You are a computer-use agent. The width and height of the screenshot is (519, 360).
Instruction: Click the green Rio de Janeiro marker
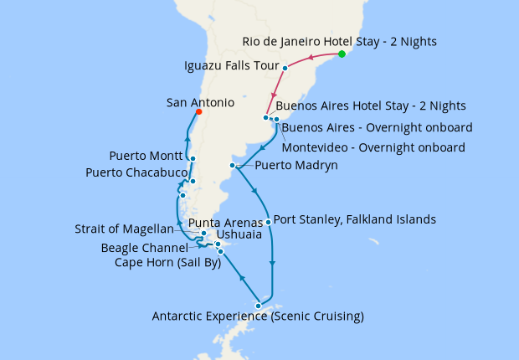coord(342,54)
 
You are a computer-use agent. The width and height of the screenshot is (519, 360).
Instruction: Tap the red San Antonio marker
coord(198,111)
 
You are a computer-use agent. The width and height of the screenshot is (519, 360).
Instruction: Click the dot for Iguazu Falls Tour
coord(285,68)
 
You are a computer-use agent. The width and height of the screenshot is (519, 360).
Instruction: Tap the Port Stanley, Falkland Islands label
coord(355,219)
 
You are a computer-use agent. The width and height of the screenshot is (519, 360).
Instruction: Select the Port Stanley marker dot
coord(268,222)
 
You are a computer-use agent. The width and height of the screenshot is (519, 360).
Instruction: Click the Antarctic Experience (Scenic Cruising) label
coord(258,316)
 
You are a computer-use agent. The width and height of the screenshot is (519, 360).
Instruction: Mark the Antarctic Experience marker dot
coord(258,306)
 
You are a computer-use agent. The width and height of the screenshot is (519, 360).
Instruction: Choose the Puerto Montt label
coord(146,156)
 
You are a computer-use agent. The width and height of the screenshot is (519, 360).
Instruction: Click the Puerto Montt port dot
coord(193,158)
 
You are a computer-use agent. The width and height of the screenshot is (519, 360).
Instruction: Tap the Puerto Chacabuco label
coord(136,172)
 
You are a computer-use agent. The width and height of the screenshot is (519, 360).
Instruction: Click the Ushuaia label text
coord(239,235)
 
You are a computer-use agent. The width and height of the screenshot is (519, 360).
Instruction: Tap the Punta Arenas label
coord(219,223)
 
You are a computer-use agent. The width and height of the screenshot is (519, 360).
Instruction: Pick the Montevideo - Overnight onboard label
coord(373,147)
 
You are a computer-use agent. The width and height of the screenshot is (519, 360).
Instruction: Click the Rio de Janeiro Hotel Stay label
coord(339,41)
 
